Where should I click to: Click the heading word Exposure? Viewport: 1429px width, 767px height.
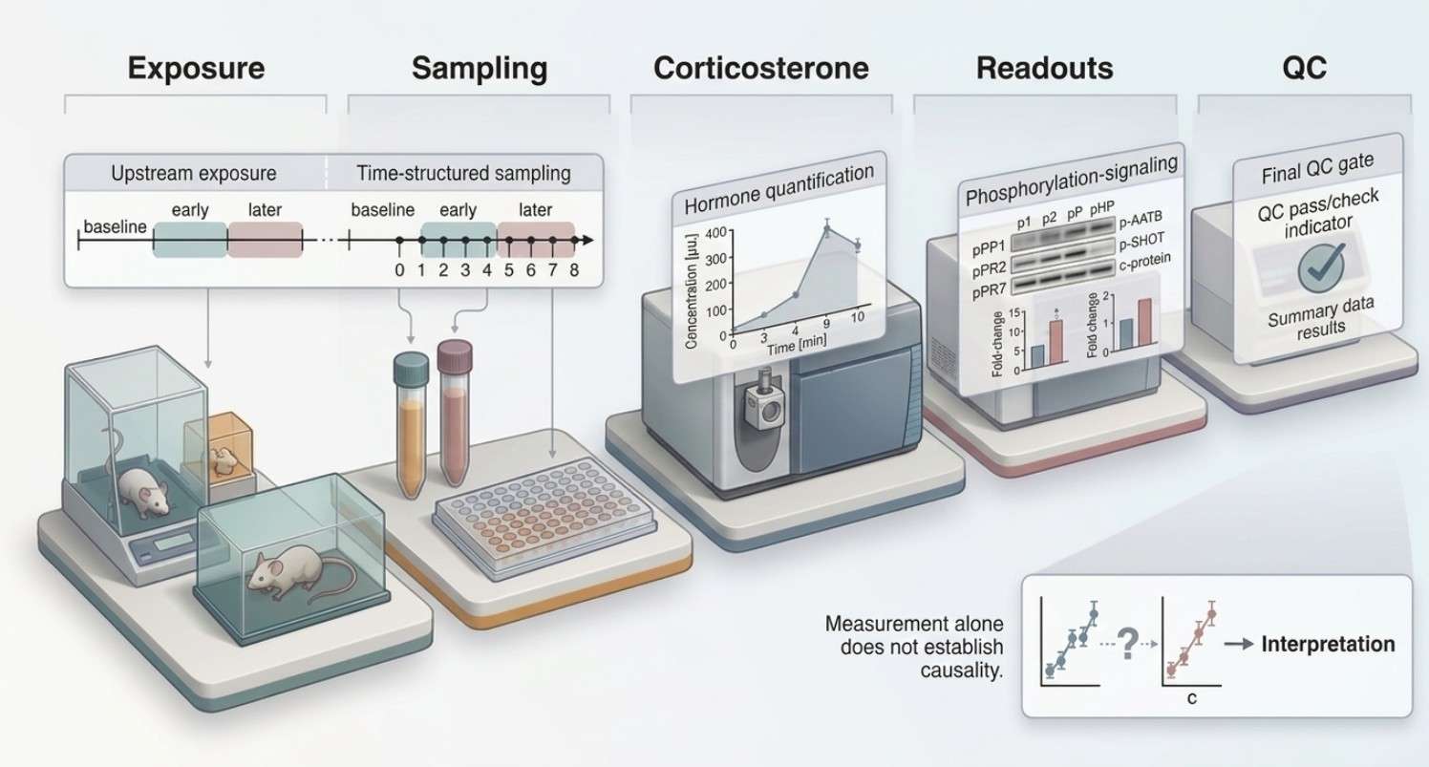click(196, 69)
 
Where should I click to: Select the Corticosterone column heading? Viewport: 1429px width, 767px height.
click(761, 69)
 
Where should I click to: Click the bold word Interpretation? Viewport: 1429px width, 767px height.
click(1328, 644)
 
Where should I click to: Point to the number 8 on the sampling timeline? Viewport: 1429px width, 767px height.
click(574, 270)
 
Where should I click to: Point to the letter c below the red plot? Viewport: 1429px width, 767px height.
click(1192, 698)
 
